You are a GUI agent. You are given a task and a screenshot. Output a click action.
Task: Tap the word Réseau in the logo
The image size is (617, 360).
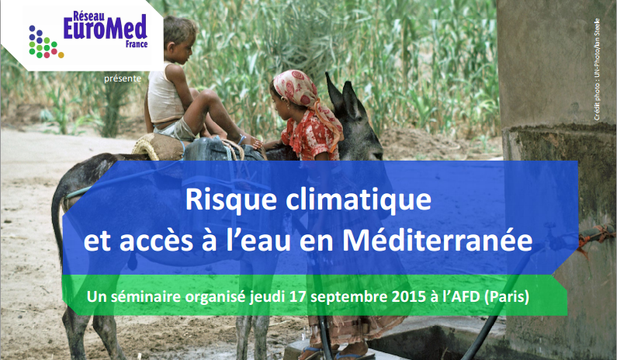89,16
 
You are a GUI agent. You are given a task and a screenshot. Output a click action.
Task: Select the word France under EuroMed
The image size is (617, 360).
137,44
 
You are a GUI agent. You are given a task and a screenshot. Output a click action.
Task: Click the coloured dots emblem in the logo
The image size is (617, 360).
46,42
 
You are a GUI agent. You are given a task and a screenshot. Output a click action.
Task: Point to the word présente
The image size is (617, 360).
123,78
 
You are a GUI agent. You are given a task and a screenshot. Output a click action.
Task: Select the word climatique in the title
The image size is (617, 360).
359,201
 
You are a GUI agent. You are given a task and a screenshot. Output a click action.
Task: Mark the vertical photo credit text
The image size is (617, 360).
597,69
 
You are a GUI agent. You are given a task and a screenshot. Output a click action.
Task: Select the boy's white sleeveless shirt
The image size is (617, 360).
165,95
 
